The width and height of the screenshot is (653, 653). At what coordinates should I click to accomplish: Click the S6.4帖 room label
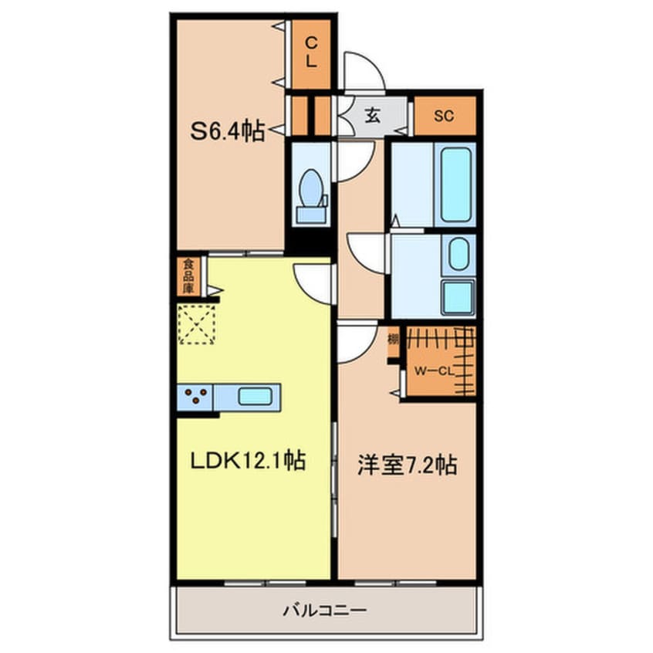[x=228, y=131]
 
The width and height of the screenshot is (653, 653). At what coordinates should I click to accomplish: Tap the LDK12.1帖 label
[x=249, y=461]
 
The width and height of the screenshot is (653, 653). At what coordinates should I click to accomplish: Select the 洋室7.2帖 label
[x=408, y=465]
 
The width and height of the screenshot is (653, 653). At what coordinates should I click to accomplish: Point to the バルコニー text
[x=325, y=611]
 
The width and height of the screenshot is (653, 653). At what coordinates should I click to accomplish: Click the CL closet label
[x=311, y=52]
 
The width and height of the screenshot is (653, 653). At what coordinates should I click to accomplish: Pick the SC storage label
[x=444, y=116]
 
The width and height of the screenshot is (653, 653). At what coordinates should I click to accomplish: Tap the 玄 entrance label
[x=373, y=115]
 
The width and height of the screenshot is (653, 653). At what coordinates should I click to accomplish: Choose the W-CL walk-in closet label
[x=434, y=371]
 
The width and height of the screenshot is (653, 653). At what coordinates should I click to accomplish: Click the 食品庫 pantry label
[x=188, y=276]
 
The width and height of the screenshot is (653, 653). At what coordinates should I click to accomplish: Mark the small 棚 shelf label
[x=393, y=340]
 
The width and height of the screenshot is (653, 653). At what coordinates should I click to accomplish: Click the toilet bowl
[x=311, y=188]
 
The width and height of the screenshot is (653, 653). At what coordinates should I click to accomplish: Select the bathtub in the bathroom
[x=456, y=184]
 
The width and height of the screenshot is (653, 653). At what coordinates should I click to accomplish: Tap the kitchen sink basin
[x=255, y=396]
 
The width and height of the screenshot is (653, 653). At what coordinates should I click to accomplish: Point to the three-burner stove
[x=195, y=397]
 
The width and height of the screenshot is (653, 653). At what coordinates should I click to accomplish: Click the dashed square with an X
[x=197, y=324]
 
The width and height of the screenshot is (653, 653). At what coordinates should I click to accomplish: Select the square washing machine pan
[x=458, y=297]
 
